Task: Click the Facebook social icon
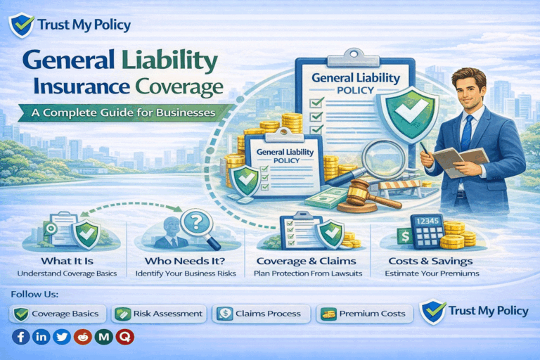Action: coord(21,337)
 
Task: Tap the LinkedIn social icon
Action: coord(41,337)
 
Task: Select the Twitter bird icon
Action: coord(63,337)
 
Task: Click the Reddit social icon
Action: coord(84,337)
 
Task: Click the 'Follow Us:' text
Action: coord(34,293)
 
